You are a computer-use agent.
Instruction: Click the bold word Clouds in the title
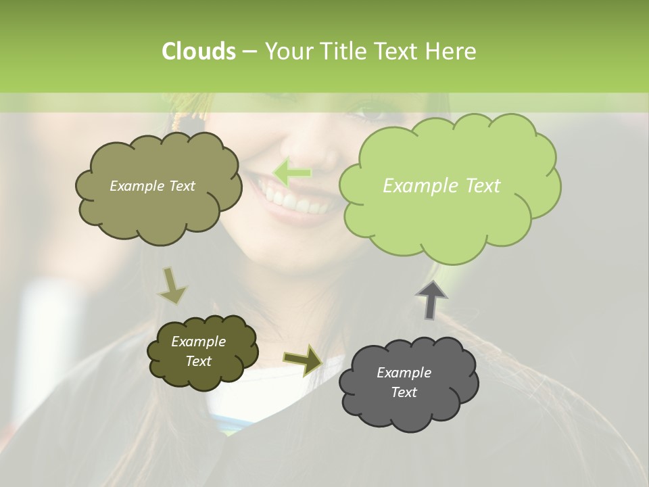[x=198, y=51]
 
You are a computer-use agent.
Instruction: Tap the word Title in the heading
[x=341, y=51]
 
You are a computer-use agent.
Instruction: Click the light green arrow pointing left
[x=292, y=172]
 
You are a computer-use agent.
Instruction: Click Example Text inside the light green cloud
[x=441, y=185]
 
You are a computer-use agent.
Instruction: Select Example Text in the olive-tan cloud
[x=152, y=185]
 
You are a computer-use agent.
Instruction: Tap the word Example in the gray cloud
[x=404, y=373]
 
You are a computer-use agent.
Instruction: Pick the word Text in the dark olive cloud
[x=198, y=361]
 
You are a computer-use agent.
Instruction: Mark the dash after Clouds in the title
[x=249, y=51]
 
